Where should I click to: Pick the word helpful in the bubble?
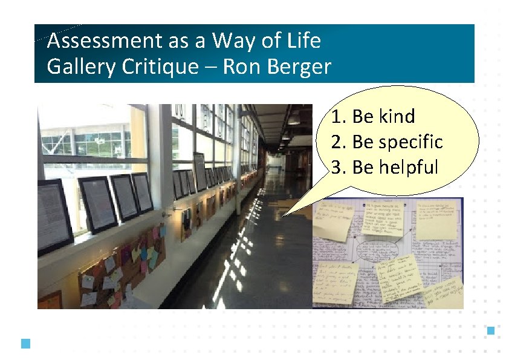click(408, 168)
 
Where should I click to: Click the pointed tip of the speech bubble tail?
click(282, 215)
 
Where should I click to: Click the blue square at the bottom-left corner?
click(25, 344)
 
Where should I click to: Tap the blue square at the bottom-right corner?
click(491, 330)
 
